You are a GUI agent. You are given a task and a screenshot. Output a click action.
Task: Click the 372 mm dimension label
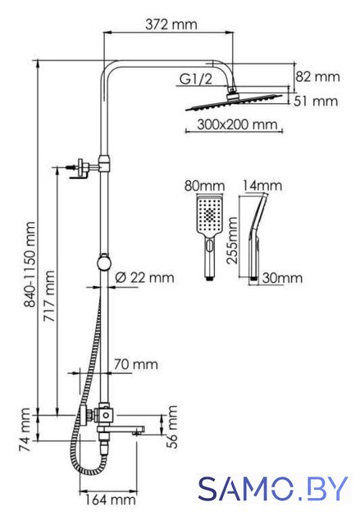(171, 25)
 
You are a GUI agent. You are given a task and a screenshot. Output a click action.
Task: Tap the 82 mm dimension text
(317, 76)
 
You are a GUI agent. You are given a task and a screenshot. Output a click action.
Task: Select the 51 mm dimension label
(316, 101)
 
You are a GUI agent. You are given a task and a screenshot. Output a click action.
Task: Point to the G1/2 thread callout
(196, 79)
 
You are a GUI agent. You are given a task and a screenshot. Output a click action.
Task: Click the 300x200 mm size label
(237, 125)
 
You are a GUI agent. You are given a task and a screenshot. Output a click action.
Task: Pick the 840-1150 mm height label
(30, 264)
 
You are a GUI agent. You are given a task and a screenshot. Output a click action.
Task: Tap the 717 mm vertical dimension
(49, 296)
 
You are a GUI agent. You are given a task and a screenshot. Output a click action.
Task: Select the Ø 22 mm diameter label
(144, 277)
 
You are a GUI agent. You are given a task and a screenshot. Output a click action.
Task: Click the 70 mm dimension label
(136, 364)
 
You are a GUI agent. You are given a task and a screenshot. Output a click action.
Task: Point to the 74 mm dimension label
(25, 429)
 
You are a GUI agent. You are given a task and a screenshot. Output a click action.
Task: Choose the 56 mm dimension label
(172, 427)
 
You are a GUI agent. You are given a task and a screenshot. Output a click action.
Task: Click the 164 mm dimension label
(110, 500)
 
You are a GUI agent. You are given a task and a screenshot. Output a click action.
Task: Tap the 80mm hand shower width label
(204, 186)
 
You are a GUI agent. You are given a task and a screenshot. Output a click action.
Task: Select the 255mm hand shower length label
(232, 240)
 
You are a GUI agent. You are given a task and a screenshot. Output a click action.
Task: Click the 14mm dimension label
(262, 185)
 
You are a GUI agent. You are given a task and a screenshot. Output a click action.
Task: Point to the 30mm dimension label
(282, 278)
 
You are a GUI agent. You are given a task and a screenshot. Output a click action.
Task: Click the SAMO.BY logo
(273, 489)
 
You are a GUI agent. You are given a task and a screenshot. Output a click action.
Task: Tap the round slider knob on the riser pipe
(105, 262)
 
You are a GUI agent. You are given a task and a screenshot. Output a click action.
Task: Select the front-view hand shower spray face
(210, 213)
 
